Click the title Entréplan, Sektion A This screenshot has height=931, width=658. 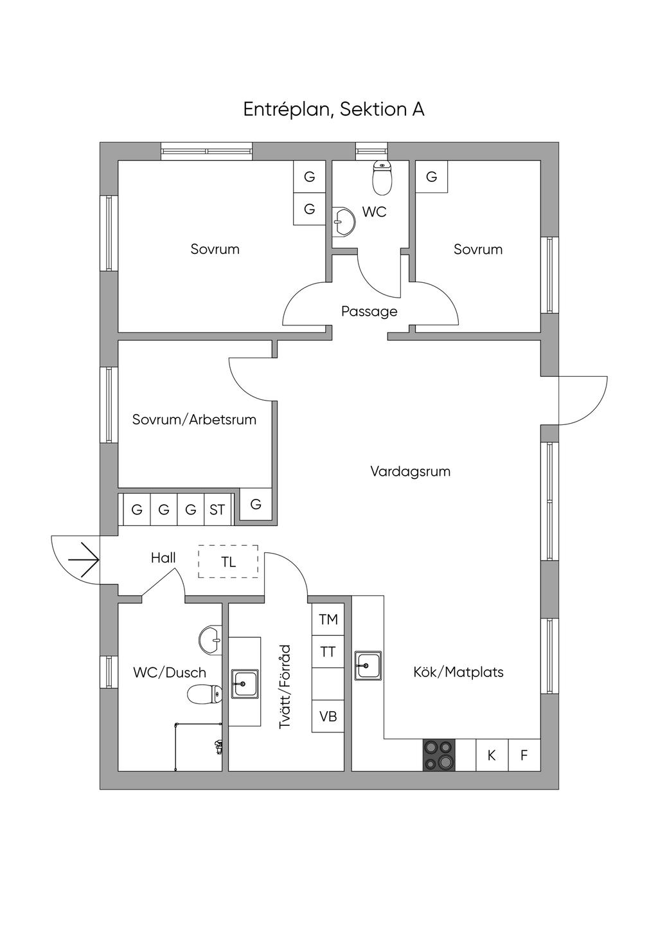(x=333, y=109)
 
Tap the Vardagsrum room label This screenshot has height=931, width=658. (x=411, y=471)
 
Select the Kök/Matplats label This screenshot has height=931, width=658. (x=458, y=683)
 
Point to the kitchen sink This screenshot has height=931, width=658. (x=368, y=665)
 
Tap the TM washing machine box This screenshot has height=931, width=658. (x=328, y=620)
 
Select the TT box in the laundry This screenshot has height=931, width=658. (x=328, y=652)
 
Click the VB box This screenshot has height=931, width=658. (x=328, y=716)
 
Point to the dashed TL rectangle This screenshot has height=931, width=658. (x=228, y=561)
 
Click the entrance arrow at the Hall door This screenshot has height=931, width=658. (x=84, y=560)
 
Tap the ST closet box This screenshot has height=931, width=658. (x=217, y=510)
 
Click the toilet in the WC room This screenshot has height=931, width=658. (x=382, y=178)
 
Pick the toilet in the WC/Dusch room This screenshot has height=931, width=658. (x=204, y=694)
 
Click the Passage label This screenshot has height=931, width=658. (x=369, y=311)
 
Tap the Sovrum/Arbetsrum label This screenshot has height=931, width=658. (x=194, y=419)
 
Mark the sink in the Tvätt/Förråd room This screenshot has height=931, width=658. (x=245, y=684)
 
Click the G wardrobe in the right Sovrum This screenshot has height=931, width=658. (x=432, y=177)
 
